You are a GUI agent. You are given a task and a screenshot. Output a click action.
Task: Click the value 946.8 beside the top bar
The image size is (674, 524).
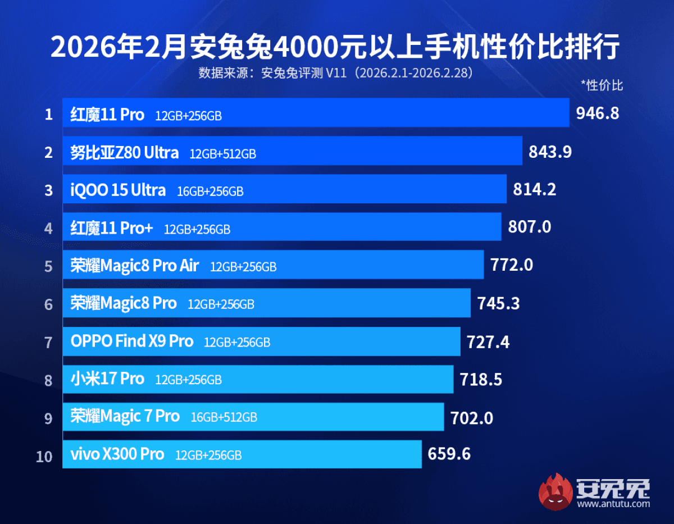point(598,113)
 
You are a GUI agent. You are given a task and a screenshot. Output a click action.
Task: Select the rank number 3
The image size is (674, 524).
point(49,190)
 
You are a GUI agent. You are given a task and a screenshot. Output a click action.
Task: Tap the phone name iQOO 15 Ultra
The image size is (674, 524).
point(118,190)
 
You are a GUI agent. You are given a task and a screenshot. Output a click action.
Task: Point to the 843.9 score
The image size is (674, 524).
point(550,152)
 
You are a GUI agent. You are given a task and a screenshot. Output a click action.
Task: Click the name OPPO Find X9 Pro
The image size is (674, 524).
point(132,341)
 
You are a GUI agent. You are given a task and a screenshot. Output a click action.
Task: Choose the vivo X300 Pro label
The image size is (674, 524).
point(117,454)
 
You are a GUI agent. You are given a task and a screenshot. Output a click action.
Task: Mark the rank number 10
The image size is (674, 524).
point(44,457)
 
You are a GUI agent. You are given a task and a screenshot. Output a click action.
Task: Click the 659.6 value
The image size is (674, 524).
point(449,454)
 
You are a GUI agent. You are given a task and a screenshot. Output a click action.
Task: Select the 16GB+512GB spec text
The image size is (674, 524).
point(224,417)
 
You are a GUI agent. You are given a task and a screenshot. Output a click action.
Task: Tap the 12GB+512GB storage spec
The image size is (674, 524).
point(223,153)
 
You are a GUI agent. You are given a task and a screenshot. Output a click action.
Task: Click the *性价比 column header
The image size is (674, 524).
point(602,85)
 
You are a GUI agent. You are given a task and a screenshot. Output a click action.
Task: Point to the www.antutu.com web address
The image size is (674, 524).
point(613,504)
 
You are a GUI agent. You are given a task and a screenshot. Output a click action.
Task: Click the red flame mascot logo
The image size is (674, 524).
point(555,492)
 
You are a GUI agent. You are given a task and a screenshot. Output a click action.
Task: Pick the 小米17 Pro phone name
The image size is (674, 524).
point(107,379)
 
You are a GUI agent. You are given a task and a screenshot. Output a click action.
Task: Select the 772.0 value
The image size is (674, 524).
point(512,265)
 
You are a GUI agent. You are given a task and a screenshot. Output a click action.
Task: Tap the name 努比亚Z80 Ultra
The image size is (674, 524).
point(125,152)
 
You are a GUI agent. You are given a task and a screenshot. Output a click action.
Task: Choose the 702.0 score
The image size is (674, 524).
point(472,418)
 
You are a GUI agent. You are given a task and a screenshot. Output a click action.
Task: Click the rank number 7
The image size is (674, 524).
point(49,342)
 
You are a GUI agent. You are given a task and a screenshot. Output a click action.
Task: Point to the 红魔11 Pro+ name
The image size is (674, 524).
point(112,228)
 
